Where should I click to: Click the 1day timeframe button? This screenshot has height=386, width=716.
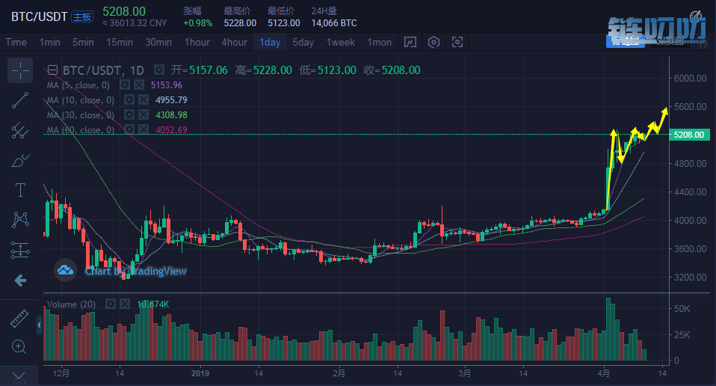pos(270,42)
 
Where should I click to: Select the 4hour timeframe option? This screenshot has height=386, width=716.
pos(234,42)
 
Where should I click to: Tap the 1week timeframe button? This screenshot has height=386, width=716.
pos(341,42)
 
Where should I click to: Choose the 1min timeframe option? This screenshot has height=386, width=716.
pos(50,42)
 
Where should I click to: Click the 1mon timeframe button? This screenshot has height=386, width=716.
pos(379,42)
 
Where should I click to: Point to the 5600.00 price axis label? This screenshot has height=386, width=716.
pos(690,106)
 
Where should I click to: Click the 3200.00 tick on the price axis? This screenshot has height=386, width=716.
pos(690,277)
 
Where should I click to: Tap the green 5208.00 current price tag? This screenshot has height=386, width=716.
pos(688,135)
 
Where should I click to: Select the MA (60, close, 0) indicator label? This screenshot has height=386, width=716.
pos(81,130)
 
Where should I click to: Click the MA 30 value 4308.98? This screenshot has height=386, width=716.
pos(170,115)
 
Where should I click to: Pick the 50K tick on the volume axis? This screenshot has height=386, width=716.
pos(682,308)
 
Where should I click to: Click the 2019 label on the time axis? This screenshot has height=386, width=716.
pos(201,373)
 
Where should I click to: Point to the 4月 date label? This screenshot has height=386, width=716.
pos(603,373)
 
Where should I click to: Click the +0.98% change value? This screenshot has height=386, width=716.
pos(198,23)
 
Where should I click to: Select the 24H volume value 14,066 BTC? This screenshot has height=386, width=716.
pos(334,23)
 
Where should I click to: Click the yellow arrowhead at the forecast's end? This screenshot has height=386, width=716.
pos(664,111)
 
